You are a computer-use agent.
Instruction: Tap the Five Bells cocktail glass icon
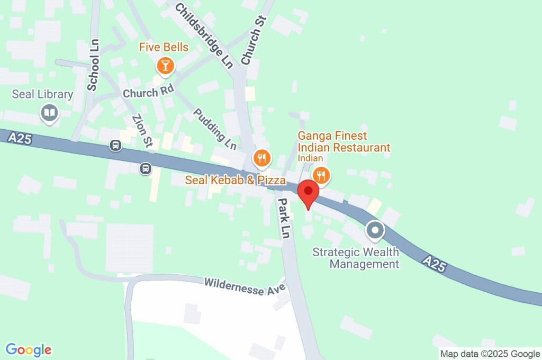pos(165,66)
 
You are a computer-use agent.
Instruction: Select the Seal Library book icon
pos(50,113)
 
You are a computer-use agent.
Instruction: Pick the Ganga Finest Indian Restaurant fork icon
pos(321,174)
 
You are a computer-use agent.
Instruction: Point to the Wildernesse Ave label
pos(245,285)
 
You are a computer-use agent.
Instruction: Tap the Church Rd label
pos(148,93)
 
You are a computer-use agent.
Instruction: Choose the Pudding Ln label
pos(214,129)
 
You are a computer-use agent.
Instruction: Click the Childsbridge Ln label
pos(204,35)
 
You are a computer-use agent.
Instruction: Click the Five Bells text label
pos(164,48)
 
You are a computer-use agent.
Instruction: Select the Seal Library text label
pos(42,95)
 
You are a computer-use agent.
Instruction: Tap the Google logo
pos(29,350)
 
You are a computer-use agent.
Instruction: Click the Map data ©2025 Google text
pos(490,354)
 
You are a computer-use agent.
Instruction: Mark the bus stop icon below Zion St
pos(146,169)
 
